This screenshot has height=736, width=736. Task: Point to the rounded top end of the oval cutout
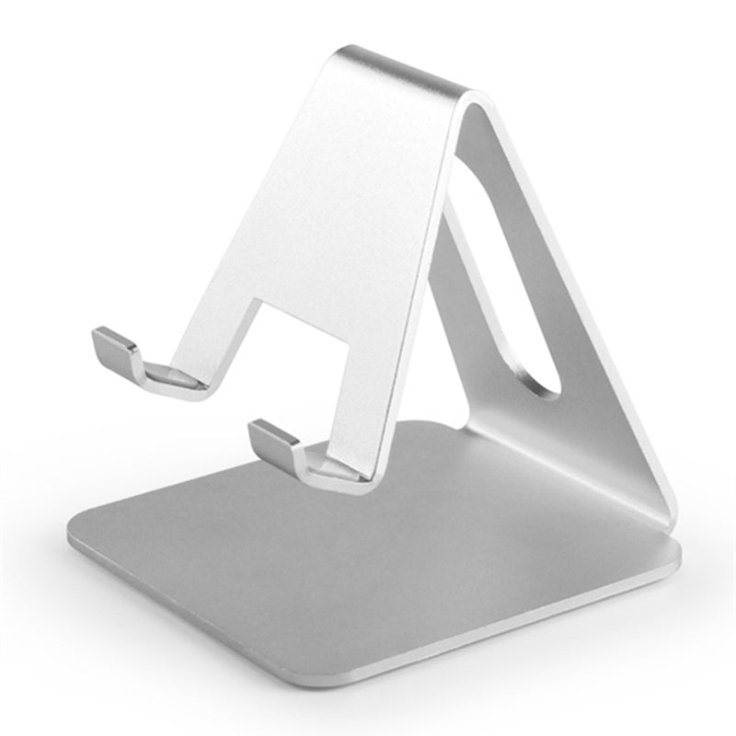[474, 170]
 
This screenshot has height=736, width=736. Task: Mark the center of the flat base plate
[368, 552]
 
